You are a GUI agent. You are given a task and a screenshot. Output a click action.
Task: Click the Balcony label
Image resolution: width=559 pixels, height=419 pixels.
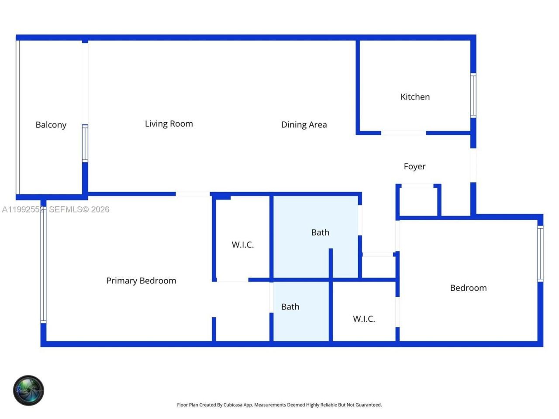click(51, 125)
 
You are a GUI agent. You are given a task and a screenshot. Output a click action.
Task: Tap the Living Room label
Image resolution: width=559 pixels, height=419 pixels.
click(169, 124)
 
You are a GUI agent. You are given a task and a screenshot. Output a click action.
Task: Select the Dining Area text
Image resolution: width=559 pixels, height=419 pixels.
click(304, 125)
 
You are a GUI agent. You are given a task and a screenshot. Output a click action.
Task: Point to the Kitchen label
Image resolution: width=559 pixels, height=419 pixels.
click(415, 97)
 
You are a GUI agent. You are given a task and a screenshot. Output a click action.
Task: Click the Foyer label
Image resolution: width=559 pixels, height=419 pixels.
click(414, 166)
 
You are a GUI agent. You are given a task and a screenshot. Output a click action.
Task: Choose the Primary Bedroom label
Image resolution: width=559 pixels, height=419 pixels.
click(141, 281)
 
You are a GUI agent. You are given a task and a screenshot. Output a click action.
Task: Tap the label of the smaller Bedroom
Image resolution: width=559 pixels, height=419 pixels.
click(468, 288)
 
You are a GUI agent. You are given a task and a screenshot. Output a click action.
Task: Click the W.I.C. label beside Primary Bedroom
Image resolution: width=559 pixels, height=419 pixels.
click(242, 245)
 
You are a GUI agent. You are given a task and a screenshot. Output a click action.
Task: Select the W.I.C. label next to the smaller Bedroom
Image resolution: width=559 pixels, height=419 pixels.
click(364, 319)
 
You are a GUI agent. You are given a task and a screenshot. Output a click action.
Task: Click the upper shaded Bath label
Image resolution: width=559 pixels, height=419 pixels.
click(320, 233)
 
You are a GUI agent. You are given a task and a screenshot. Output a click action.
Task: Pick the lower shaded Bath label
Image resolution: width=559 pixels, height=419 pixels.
click(290, 307)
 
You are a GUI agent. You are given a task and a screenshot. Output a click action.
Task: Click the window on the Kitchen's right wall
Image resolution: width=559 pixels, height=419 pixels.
click(473, 95)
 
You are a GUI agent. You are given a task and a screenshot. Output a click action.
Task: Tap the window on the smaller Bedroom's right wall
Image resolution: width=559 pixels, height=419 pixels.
click(540, 254)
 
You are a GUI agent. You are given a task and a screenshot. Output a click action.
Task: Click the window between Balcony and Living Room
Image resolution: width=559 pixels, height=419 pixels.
click(85, 143)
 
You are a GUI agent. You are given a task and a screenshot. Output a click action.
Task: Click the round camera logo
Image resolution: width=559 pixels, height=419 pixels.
click(28, 390)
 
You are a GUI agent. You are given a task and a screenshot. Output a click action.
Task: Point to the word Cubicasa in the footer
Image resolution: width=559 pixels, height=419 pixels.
click(233, 405)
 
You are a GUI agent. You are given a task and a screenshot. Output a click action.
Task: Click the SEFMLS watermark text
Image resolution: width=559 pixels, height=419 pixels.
click(79, 209)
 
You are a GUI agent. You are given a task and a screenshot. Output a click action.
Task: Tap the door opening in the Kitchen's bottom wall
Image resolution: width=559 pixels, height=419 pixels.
click(404, 133)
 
